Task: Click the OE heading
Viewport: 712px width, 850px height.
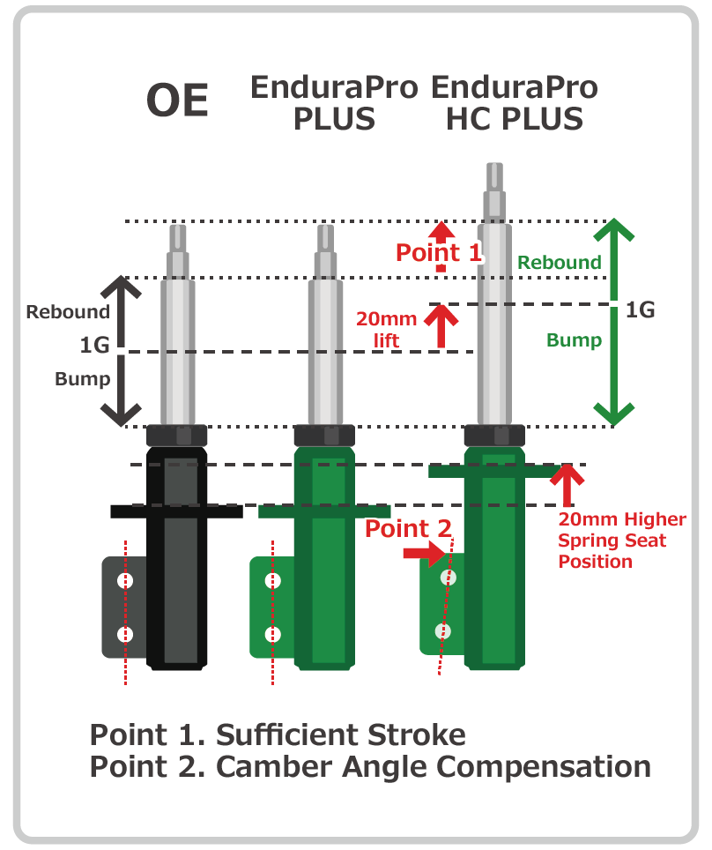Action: pyautogui.click(x=177, y=101)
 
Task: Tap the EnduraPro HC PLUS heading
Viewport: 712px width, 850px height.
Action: pyautogui.click(x=515, y=103)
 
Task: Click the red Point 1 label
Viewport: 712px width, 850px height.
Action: pyautogui.click(x=439, y=252)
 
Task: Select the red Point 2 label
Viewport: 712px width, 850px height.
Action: pyautogui.click(x=408, y=528)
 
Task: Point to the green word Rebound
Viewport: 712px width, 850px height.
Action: pyautogui.click(x=560, y=263)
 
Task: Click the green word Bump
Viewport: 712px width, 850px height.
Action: pyautogui.click(x=574, y=340)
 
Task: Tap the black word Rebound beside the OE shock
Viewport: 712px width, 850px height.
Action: pyautogui.click(x=68, y=312)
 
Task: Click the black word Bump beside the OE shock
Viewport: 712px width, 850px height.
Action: pyautogui.click(x=82, y=379)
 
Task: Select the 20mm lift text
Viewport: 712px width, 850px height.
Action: pyautogui.click(x=386, y=330)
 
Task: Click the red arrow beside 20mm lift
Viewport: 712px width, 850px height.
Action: pyautogui.click(x=441, y=325)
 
